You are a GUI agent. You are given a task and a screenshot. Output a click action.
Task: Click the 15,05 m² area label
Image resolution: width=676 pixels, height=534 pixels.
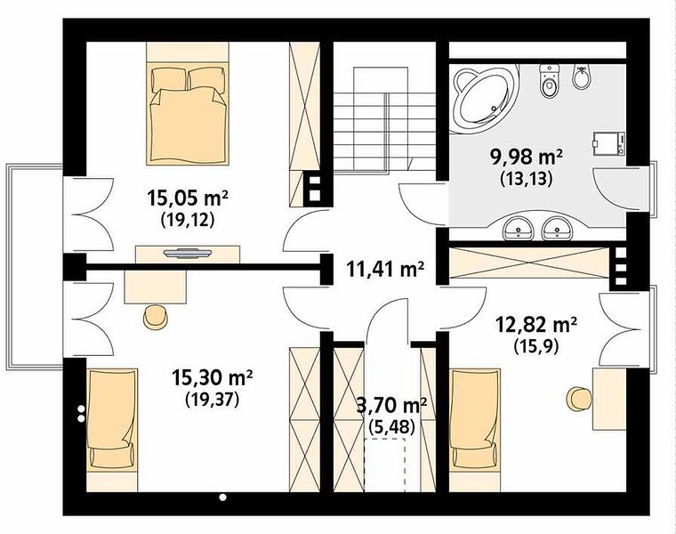[x=188, y=198]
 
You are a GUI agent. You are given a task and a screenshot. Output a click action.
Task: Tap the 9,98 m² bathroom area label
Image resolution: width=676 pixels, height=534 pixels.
[x=526, y=157]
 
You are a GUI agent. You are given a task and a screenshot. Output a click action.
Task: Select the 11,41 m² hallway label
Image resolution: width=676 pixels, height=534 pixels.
[x=385, y=270]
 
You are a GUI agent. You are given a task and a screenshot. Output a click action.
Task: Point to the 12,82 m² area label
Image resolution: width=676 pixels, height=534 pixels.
[x=536, y=325]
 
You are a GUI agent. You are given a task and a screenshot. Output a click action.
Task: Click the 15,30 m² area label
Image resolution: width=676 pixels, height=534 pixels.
[x=212, y=378]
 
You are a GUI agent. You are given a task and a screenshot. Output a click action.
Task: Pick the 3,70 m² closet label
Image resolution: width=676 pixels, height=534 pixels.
[x=392, y=406]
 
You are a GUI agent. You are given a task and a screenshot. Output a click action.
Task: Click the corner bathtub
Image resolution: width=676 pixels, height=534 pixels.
[x=485, y=99]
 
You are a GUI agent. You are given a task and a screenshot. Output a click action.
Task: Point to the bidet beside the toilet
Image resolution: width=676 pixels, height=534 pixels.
[x=581, y=77]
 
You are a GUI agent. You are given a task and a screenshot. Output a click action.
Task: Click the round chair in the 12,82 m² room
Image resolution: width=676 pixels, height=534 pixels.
[x=577, y=399]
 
